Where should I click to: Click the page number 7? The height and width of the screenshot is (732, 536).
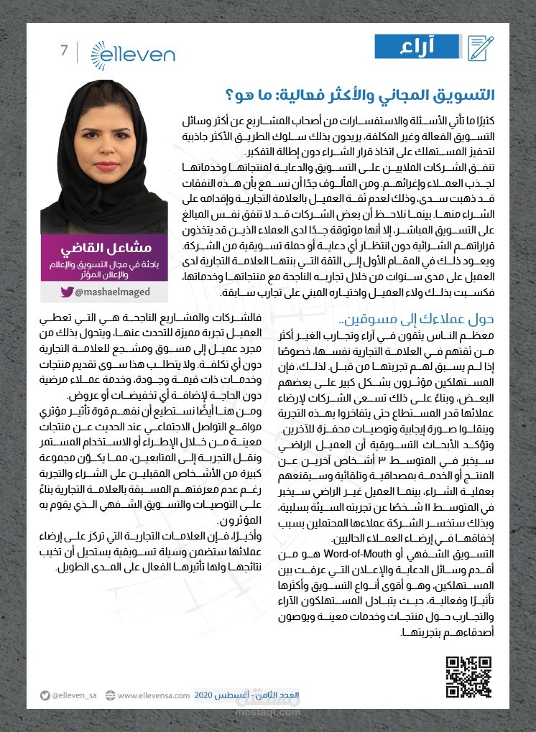point(64,51)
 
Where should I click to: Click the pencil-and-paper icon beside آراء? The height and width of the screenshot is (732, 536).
point(481,47)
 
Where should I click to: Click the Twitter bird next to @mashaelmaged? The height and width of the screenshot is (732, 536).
point(67,292)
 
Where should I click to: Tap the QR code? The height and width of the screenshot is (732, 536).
point(468,676)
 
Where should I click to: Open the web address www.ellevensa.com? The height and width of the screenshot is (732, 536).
point(153,695)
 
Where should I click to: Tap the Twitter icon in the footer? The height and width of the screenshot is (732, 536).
point(45,695)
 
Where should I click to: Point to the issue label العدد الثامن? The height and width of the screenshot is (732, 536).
point(281,695)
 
